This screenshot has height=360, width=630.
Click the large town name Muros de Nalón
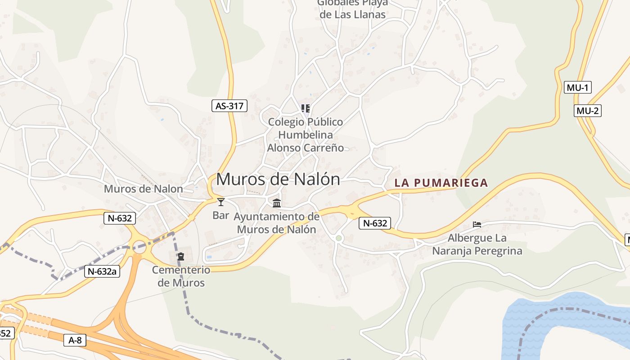tap(278, 179)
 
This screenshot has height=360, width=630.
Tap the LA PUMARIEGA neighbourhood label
tap(441, 183)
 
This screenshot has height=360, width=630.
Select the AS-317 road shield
tap(229, 106)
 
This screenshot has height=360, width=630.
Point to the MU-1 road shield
tap(577, 87)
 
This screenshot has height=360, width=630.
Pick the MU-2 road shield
tap(588, 111)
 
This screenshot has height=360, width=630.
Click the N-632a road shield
tap(102, 271)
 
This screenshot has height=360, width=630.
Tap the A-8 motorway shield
tap(75, 340)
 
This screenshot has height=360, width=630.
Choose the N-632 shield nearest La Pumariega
tap(374, 223)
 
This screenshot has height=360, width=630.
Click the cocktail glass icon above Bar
tap(220, 202)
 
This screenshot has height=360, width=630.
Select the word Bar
tap(220, 215)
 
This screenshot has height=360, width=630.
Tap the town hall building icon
tap(277, 203)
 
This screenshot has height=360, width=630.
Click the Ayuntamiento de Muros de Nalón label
tap(276, 223)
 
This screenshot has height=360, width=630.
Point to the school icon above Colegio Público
tap(306, 108)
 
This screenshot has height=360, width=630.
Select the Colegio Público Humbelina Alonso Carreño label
tap(306, 135)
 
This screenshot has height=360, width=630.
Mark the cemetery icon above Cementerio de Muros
tap(181, 256)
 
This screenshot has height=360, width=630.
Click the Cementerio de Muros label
tap(181, 276)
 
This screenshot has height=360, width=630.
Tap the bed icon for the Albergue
tap(477, 224)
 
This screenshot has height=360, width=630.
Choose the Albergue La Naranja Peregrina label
tap(477, 244)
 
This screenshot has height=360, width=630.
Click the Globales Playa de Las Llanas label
tap(352, 9)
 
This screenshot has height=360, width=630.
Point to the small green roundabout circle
tap(339, 238)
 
